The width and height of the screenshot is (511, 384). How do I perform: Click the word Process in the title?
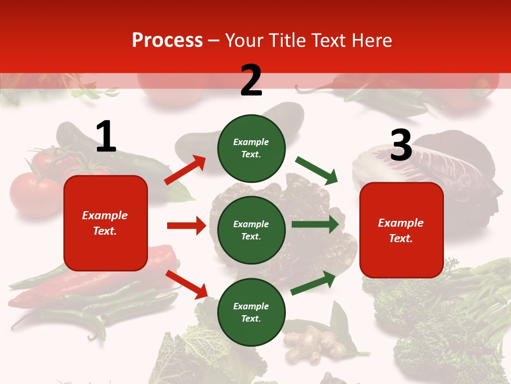pyautogui.click(x=167, y=41)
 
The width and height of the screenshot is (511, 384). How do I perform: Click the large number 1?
pyautogui.click(x=106, y=137)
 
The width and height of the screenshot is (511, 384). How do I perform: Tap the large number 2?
pyautogui.click(x=251, y=80)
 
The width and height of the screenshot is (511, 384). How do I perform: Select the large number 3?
pyautogui.click(x=401, y=145)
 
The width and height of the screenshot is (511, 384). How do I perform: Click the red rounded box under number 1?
pyautogui.click(x=105, y=223)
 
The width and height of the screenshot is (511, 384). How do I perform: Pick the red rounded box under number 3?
pyautogui.click(x=401, y=230)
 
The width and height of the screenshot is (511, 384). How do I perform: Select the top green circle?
pyautogui.click(x=251, y=148)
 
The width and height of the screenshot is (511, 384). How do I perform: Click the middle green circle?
pyautogui.click(x=251, y=230)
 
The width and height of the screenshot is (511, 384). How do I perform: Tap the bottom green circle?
pyautogui.click(x=251, y=312)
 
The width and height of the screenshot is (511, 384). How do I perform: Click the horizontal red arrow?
pyautogui.click(x=186, y=226)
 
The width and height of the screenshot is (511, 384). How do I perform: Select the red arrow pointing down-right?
pyautogui.click(x=186, y=284)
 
